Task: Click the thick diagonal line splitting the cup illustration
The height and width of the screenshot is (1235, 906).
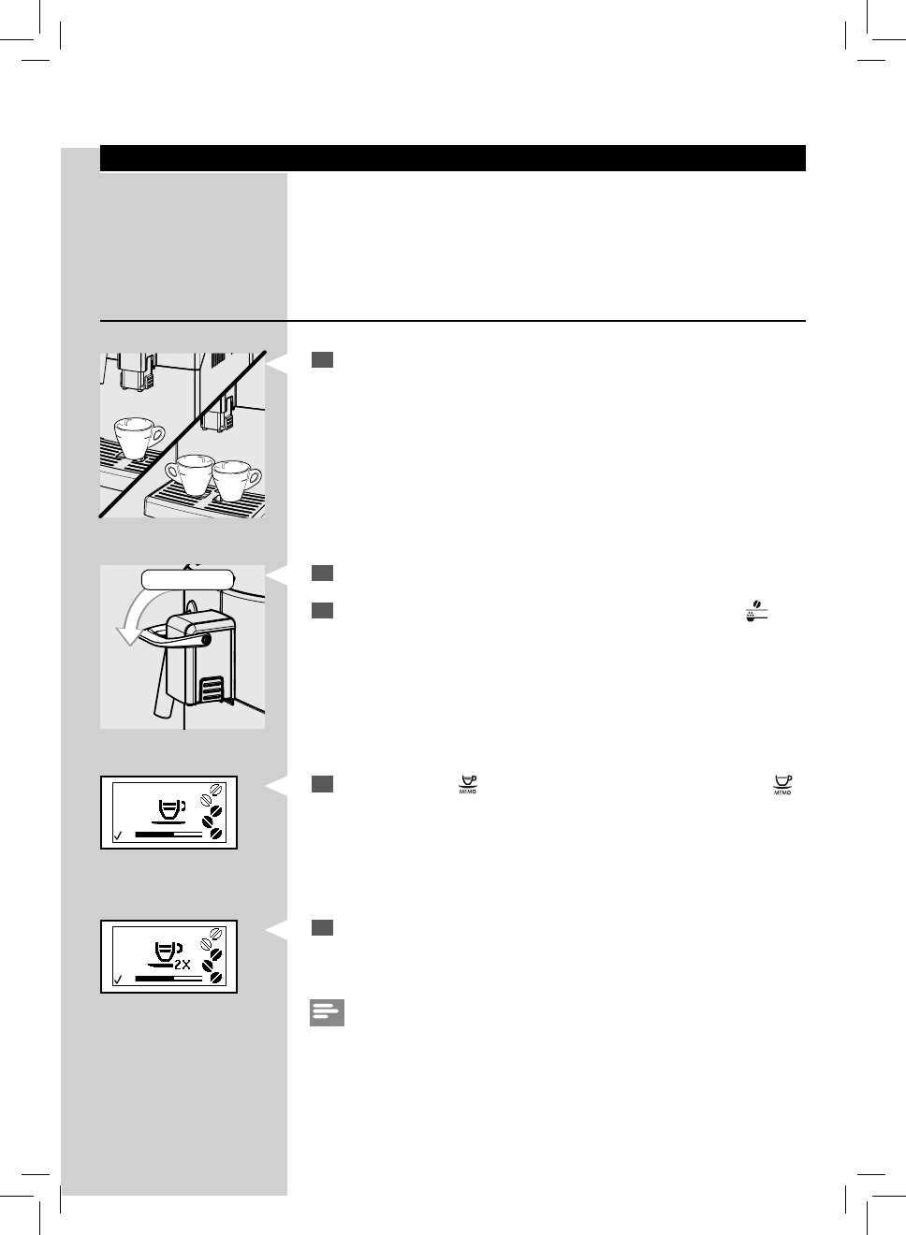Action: pos(183,434)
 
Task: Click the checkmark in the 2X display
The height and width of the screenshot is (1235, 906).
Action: pos(117,980)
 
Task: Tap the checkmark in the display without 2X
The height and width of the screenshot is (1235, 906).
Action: pos(117,835)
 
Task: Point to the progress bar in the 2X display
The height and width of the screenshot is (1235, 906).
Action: pos(168,978)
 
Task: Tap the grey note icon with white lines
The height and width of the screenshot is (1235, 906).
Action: pos(327,1013)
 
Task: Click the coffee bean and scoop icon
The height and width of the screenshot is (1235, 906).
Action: pos(757,611)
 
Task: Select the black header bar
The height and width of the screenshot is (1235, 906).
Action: pos(452,158)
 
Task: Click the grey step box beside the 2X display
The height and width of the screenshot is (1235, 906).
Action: pos(322,927)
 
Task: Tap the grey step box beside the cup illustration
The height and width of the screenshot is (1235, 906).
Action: pos(322,360)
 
